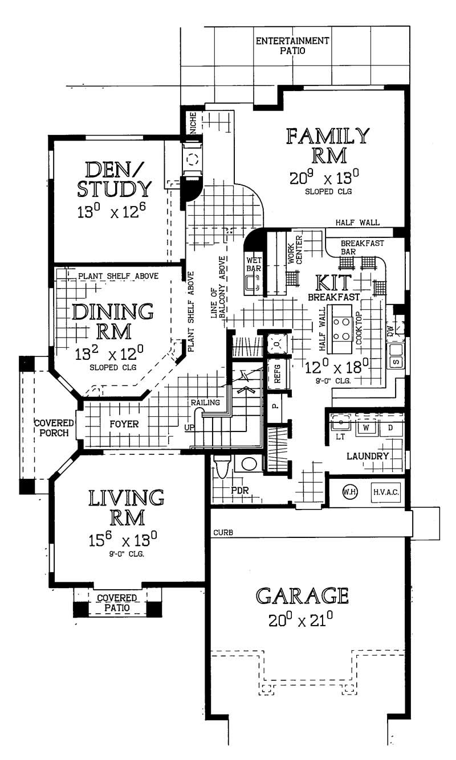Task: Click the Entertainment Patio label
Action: (292, 46)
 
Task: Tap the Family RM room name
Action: (328, 146)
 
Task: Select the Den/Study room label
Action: (114, 179)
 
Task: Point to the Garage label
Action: (302, 596)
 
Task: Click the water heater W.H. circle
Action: (349, 492)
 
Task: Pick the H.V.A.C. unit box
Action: (386, 492)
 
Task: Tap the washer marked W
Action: (367, 428)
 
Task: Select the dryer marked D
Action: (390, 428)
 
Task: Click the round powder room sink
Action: (249, 464)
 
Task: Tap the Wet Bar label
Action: (254, 264)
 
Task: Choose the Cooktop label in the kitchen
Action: (359, 328)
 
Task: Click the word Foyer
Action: (124, 424)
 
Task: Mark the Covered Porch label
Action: (54, 428)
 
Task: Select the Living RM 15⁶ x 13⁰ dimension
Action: (123, 540)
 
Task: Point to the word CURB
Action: (223, 533)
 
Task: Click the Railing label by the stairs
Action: (205, 402)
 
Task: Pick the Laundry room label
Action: (368, 456)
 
